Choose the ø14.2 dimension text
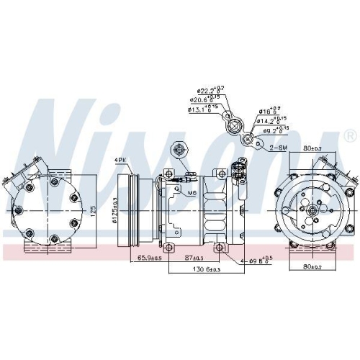pyautogui.click(x=274, y=121)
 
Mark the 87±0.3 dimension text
pyautogui.click(x=193, y=257)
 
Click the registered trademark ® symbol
pyautogui.click(x=350, y=135)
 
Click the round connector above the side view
pyautogui.click(x=178, y=150)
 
